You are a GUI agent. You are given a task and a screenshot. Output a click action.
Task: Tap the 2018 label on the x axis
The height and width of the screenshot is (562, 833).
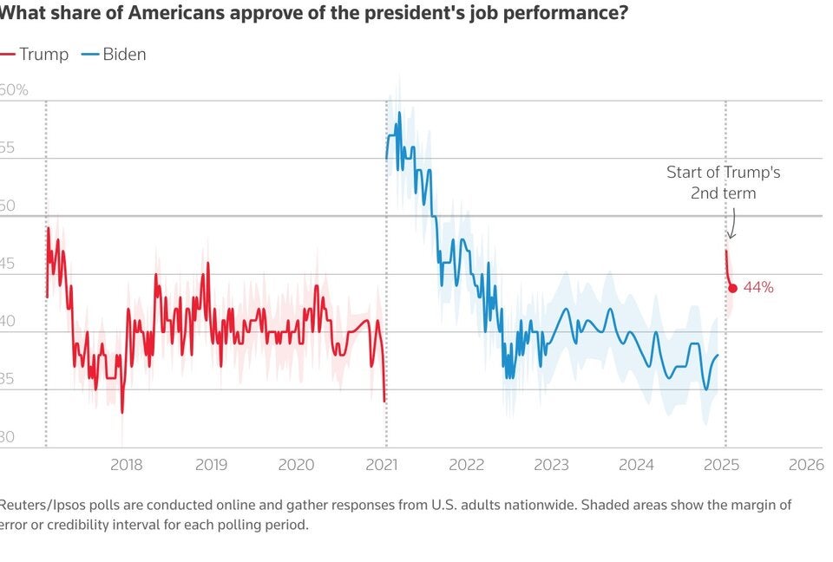point(127,464)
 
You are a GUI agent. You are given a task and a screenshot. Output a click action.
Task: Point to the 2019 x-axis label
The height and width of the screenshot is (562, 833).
point(211,464)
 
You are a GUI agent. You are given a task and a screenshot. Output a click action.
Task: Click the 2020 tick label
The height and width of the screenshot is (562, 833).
point(296,464)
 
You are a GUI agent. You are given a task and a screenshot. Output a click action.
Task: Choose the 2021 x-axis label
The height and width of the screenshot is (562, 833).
point(381,464)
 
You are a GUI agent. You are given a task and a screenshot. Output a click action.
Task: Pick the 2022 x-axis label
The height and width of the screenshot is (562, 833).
point(466,464)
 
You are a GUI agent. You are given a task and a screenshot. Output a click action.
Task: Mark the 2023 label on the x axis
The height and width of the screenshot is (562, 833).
point(551,464)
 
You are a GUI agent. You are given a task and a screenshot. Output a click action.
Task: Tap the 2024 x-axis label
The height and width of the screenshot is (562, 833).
point(636,464)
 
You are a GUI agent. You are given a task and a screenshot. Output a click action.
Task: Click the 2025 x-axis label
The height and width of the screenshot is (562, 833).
point(721,464)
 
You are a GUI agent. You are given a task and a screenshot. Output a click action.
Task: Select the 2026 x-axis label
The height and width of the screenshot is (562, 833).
point(805,464)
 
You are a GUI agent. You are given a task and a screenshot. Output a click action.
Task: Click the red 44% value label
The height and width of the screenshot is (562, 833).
point(758,287)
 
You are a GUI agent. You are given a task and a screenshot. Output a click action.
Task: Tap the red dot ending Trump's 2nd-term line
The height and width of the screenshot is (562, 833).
point(732,288)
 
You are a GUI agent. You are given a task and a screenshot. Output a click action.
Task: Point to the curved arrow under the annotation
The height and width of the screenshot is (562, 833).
point(731,225)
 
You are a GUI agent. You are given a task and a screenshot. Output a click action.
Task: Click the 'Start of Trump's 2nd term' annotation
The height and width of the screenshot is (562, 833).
point(723,182)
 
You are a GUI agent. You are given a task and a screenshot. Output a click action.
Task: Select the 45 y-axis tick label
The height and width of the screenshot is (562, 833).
point(7,264)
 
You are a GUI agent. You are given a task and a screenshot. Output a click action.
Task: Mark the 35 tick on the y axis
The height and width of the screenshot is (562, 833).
point(7,379)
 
